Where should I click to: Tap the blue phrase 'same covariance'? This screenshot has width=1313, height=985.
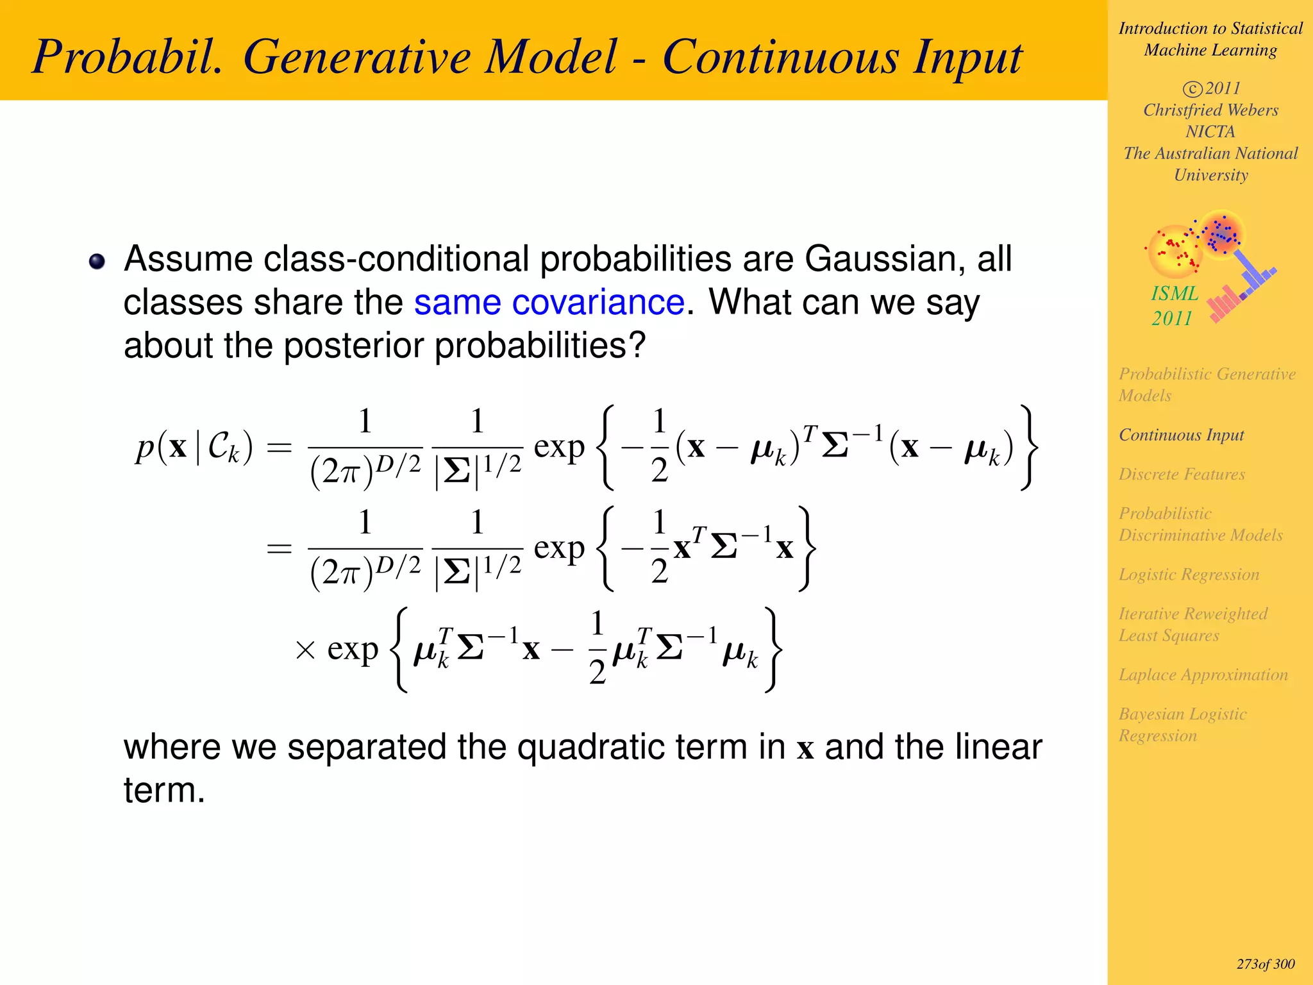click(549, 302)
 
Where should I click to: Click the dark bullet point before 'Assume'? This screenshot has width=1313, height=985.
click(97, 261)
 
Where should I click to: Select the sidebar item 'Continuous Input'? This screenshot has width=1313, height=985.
click(1181, 435)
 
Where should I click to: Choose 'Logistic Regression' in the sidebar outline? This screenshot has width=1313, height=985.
click(1189, 574)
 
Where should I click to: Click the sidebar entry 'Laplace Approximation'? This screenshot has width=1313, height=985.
click(1203, 675)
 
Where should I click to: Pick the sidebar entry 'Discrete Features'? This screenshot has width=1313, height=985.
click(1182, 474)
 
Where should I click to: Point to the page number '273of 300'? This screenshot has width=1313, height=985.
click(1265, 964)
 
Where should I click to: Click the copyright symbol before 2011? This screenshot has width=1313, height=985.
click(1192, 88)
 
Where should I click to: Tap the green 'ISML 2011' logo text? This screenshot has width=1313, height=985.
click(1173, 305)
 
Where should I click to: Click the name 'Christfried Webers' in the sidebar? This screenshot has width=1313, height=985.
click(1210, 110)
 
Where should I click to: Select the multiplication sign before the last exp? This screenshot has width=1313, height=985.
click(305, 650)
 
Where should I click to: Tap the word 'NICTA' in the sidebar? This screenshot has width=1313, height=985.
click(1210, 131)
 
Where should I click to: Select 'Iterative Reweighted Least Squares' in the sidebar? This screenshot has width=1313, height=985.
click(1192, 624)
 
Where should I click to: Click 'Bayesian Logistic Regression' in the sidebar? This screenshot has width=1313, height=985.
click(1182, 724)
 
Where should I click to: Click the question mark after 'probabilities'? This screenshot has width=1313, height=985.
click(637, 345)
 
